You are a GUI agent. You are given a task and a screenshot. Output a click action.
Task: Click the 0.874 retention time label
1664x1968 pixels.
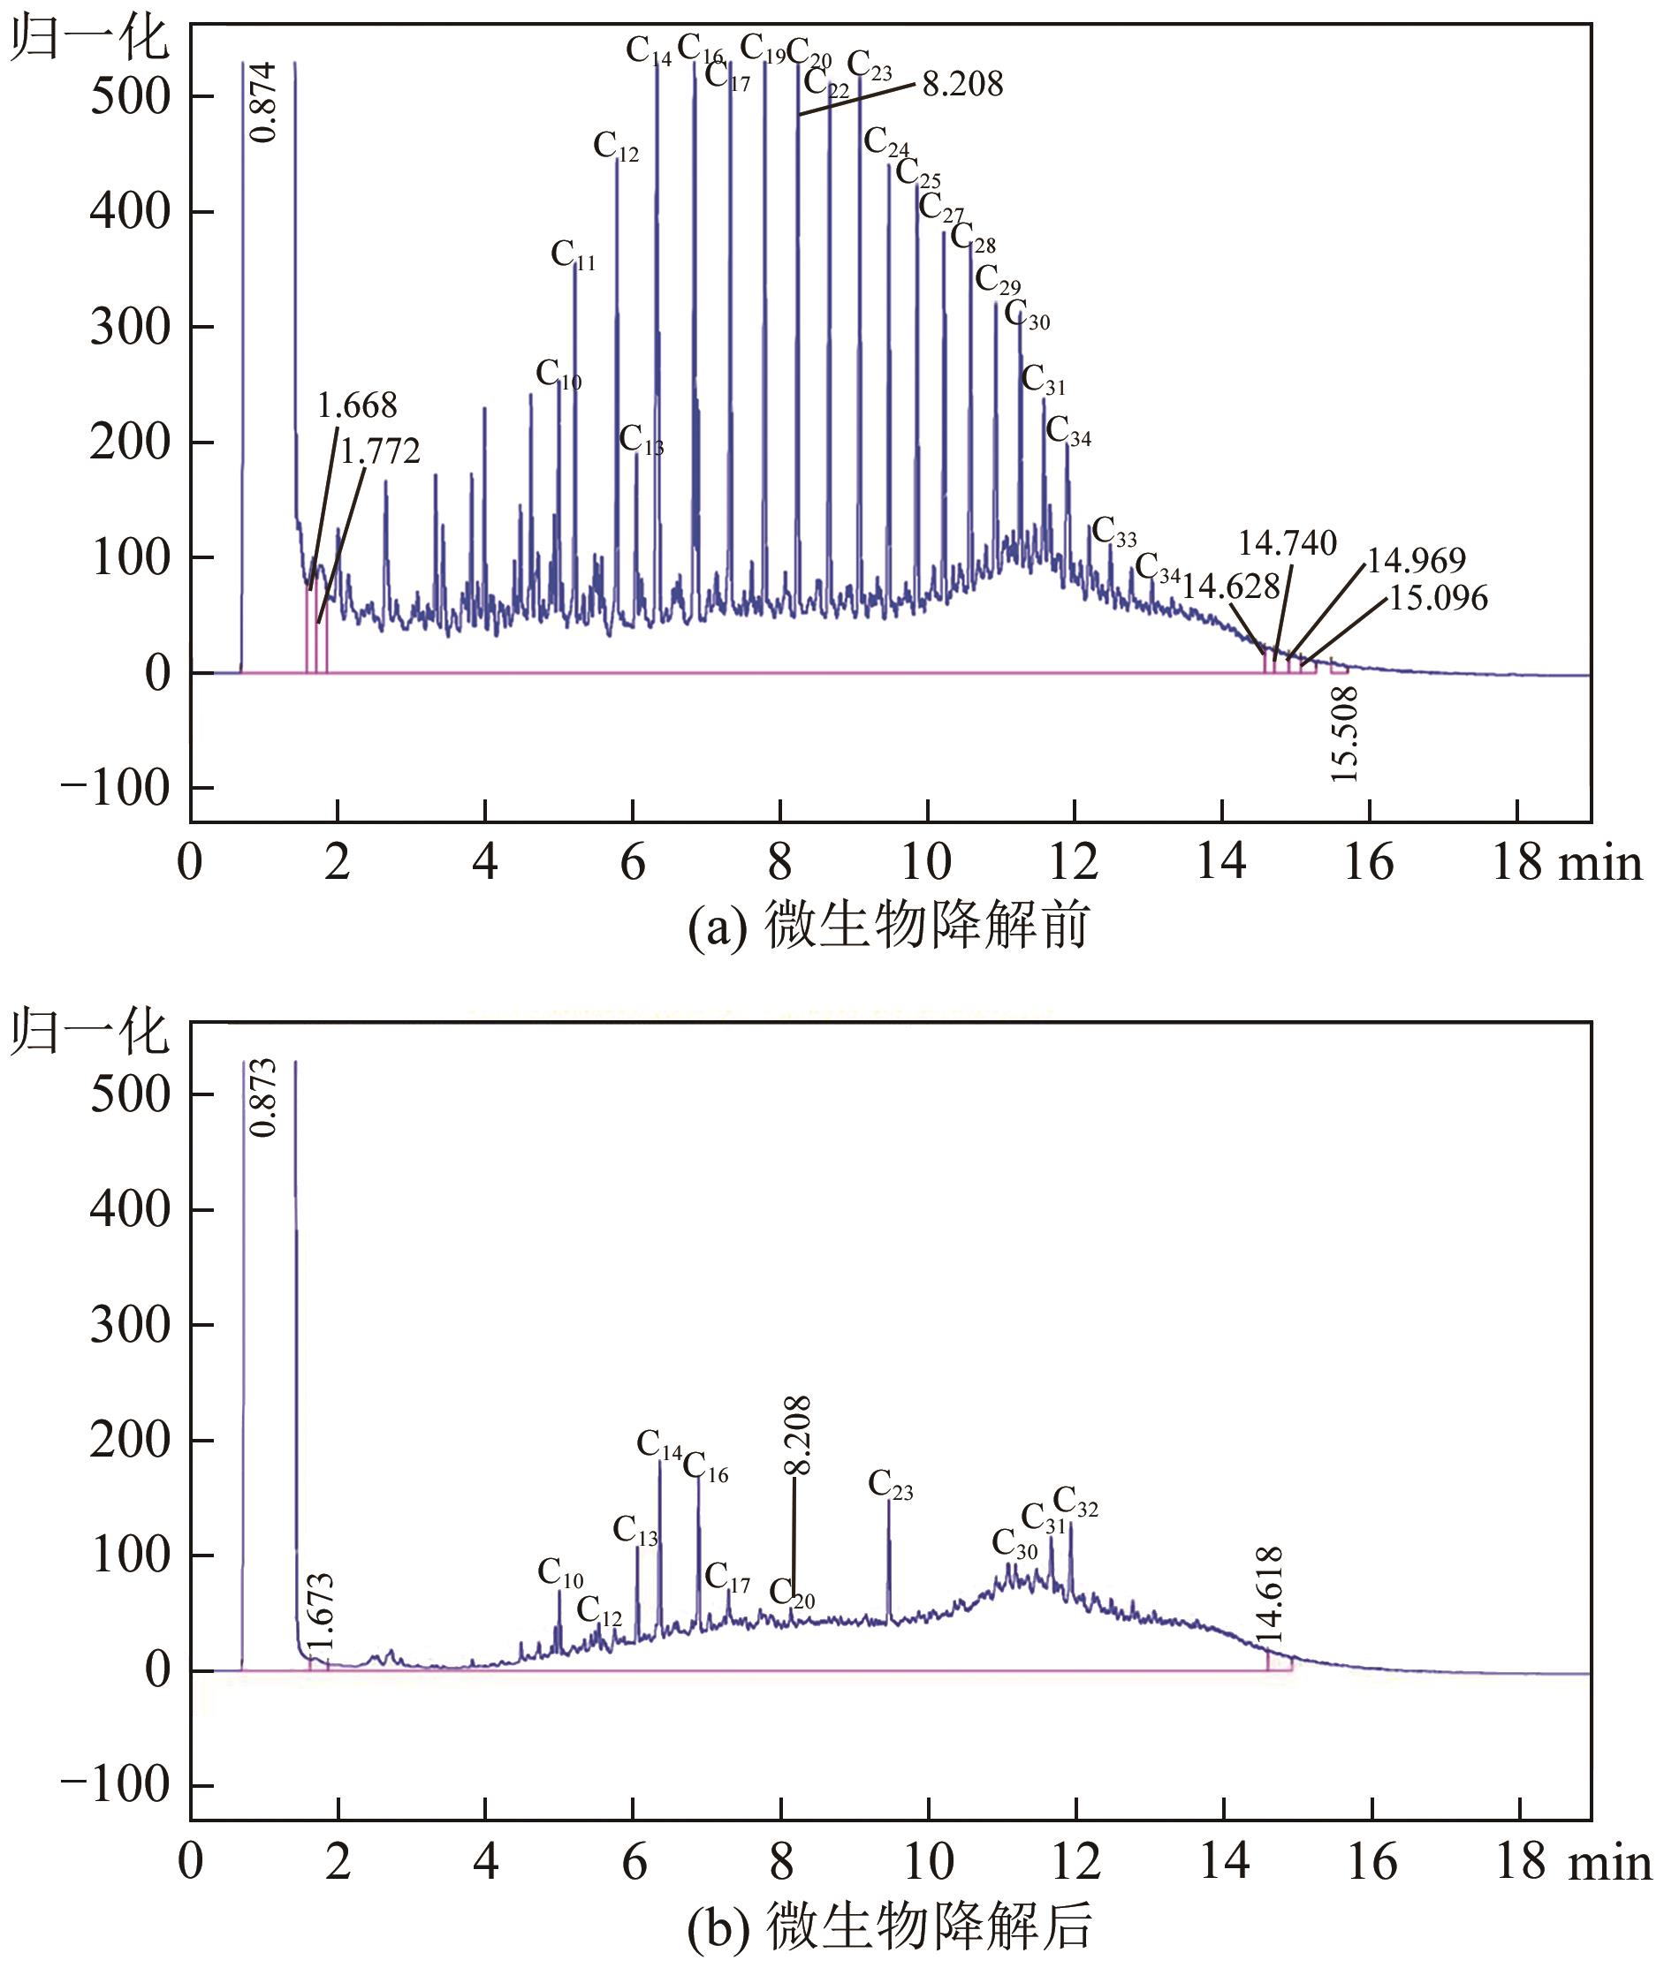click(267, 102)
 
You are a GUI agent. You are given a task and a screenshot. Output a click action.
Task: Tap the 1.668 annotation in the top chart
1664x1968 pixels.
click(357, 405)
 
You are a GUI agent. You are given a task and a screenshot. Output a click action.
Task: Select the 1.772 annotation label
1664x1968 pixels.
click(379, 451)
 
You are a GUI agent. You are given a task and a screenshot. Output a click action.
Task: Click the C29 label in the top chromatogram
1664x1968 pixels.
click(997, 280)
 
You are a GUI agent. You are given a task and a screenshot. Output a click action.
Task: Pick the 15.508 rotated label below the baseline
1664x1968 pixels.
click(1344, 735)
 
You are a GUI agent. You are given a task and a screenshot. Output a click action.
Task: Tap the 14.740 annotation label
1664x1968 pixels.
click(1287, 543)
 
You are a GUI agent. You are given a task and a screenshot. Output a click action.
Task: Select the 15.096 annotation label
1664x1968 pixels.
click(1438, 598)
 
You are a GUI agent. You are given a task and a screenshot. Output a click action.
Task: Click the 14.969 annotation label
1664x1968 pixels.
click(1416, 560)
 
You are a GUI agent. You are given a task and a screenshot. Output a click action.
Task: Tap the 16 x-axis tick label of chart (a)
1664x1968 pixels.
click(1368, 862)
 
